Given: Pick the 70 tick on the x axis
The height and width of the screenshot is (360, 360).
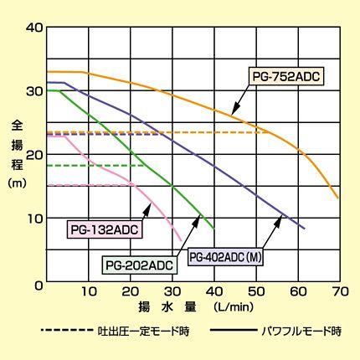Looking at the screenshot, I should tap(339, 293).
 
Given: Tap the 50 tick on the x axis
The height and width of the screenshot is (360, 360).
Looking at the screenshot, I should tap(255, 293).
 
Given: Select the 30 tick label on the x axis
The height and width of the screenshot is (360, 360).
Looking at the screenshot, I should tap(172, 293).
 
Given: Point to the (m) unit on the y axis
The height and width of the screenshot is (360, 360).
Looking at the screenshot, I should tap(17, 182).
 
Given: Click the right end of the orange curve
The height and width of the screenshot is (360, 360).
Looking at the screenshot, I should tap(337, 198).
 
